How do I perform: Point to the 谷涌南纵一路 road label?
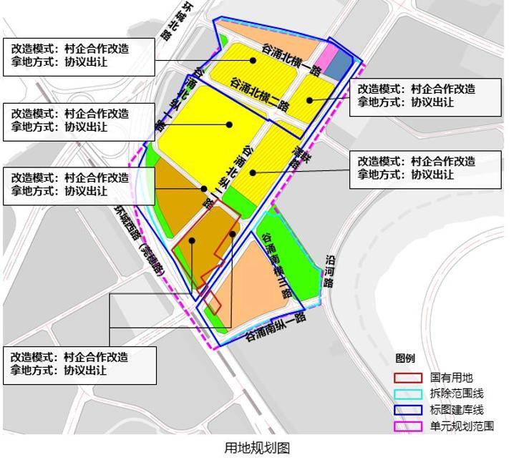[x=275, y=326]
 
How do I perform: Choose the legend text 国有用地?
[x=452, y=377]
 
